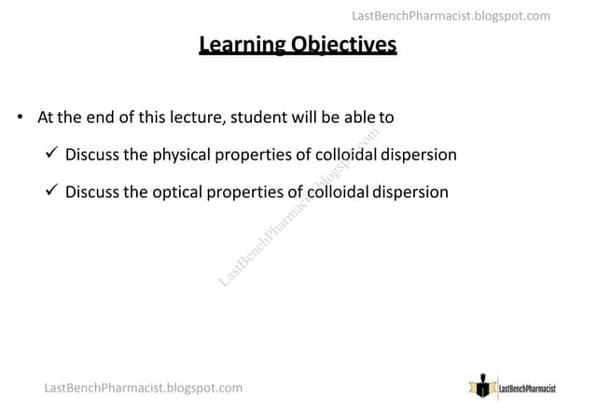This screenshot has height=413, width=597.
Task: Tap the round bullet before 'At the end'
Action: coord(21,117)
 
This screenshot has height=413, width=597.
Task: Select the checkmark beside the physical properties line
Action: coord(52,154)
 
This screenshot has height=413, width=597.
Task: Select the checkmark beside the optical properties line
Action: coord(52,191)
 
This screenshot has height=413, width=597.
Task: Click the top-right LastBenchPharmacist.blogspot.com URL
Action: coord(451,16)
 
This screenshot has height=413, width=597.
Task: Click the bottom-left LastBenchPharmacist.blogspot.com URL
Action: coord(143,387)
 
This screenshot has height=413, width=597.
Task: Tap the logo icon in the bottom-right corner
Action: coord(482,386)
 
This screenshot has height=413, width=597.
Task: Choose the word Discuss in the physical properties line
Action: coord(92,155)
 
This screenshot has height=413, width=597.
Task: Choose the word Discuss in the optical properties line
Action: coord(92,192)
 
